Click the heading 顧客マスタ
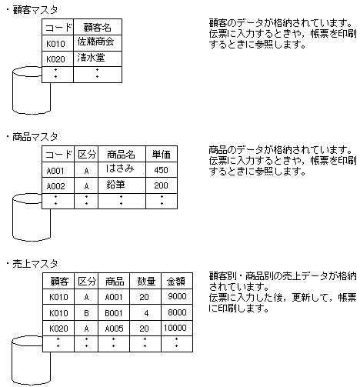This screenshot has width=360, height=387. [35, 9]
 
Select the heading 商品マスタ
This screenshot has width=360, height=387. [35, 136]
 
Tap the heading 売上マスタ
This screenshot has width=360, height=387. [35, 263]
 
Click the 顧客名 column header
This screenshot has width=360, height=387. [96, 27]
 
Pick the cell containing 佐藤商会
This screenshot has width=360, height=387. [96, 42]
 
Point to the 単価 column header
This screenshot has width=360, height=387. [161, 154]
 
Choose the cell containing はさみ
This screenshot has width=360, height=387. [121, 169]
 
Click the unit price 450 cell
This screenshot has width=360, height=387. [161, 170]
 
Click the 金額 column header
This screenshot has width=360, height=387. [176, 281]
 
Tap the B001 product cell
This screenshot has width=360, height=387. [114, 312]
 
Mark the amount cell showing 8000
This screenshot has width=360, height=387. [176, 312]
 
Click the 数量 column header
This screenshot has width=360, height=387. [145, 281]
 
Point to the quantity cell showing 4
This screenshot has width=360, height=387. [145, 312]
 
